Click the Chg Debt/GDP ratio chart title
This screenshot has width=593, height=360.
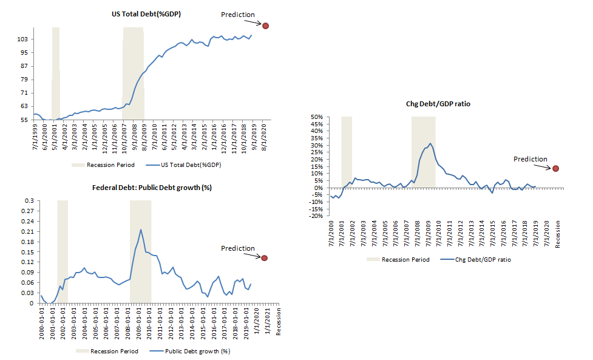pos(438,104)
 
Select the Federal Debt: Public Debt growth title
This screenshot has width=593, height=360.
pos(152,187)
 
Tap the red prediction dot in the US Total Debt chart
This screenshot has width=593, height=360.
pos(265,25)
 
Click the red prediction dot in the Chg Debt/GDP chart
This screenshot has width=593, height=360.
pos(555,168)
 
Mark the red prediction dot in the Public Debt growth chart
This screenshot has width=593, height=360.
pos(264,258)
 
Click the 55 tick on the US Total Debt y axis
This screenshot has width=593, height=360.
pos(24,120)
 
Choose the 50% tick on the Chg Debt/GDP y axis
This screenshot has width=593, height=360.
pos(316,117)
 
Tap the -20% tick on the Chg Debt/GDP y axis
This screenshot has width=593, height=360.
pos(315,216)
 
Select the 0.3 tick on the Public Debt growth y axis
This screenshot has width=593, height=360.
pos(29,200)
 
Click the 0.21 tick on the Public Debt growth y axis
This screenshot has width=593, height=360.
pos(27,231)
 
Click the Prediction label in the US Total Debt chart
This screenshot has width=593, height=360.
pos(238,15)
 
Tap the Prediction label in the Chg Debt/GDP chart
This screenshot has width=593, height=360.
pos(530,159)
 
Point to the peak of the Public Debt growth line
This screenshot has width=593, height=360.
pos(141,229)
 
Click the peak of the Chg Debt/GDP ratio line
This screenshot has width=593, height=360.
pos(430,143)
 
